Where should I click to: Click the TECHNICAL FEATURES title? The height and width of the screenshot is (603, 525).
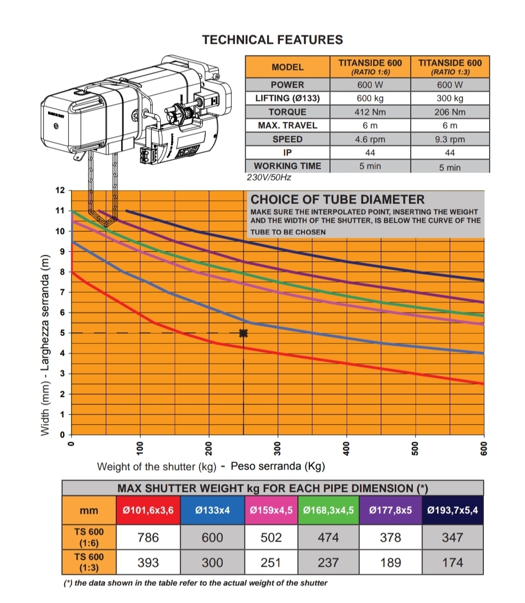click(x=272, y=40)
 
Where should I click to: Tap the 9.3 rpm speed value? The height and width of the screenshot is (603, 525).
click(x=450, y=139)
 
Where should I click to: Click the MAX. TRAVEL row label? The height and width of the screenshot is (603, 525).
click(x=287, y=126)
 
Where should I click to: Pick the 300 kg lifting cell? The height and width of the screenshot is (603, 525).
click(x=450, y=98)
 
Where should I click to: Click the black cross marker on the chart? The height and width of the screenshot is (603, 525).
click(x=244, y=333)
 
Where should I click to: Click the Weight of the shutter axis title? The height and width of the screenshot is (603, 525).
click(x=156, y=466)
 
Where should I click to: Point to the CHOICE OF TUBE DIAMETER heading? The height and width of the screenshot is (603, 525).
click(x=338, y=200)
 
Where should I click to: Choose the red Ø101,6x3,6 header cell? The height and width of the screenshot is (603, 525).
click(x=148, y=510)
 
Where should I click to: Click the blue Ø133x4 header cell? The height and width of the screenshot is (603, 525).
click(x=212, y=510)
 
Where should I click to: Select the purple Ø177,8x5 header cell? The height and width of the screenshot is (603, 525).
click(x=390, y=510)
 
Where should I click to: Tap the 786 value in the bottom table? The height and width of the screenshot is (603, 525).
click(x=148, y=537)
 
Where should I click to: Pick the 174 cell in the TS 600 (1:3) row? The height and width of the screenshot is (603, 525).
click(x=452, y=562)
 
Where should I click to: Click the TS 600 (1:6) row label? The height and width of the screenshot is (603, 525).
click(x=89, y=537)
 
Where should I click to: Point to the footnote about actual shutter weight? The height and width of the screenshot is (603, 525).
click(x=195, y=583)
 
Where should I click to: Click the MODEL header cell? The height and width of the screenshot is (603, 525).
click(x=287, y=67)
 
